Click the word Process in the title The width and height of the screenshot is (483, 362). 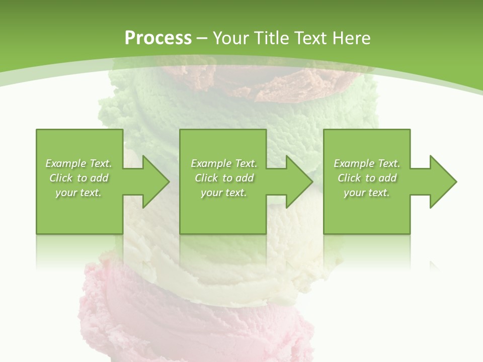tap(158, 38)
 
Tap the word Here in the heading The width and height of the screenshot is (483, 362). tap(352, 38)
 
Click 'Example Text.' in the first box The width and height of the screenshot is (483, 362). tap(78, 163)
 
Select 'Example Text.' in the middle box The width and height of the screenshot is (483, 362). tap(224, 163)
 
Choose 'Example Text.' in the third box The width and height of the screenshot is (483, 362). tap(367, 163)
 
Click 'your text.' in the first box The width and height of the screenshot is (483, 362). tap(78, 193)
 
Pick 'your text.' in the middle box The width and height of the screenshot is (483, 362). tap(224, 193)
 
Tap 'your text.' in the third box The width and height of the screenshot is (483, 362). tap(367, 193)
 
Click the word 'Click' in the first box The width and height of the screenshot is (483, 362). tap(61, 178)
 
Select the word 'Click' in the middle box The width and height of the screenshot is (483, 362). tap(206, 178)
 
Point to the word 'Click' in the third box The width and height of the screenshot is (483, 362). tap(349, 178)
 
